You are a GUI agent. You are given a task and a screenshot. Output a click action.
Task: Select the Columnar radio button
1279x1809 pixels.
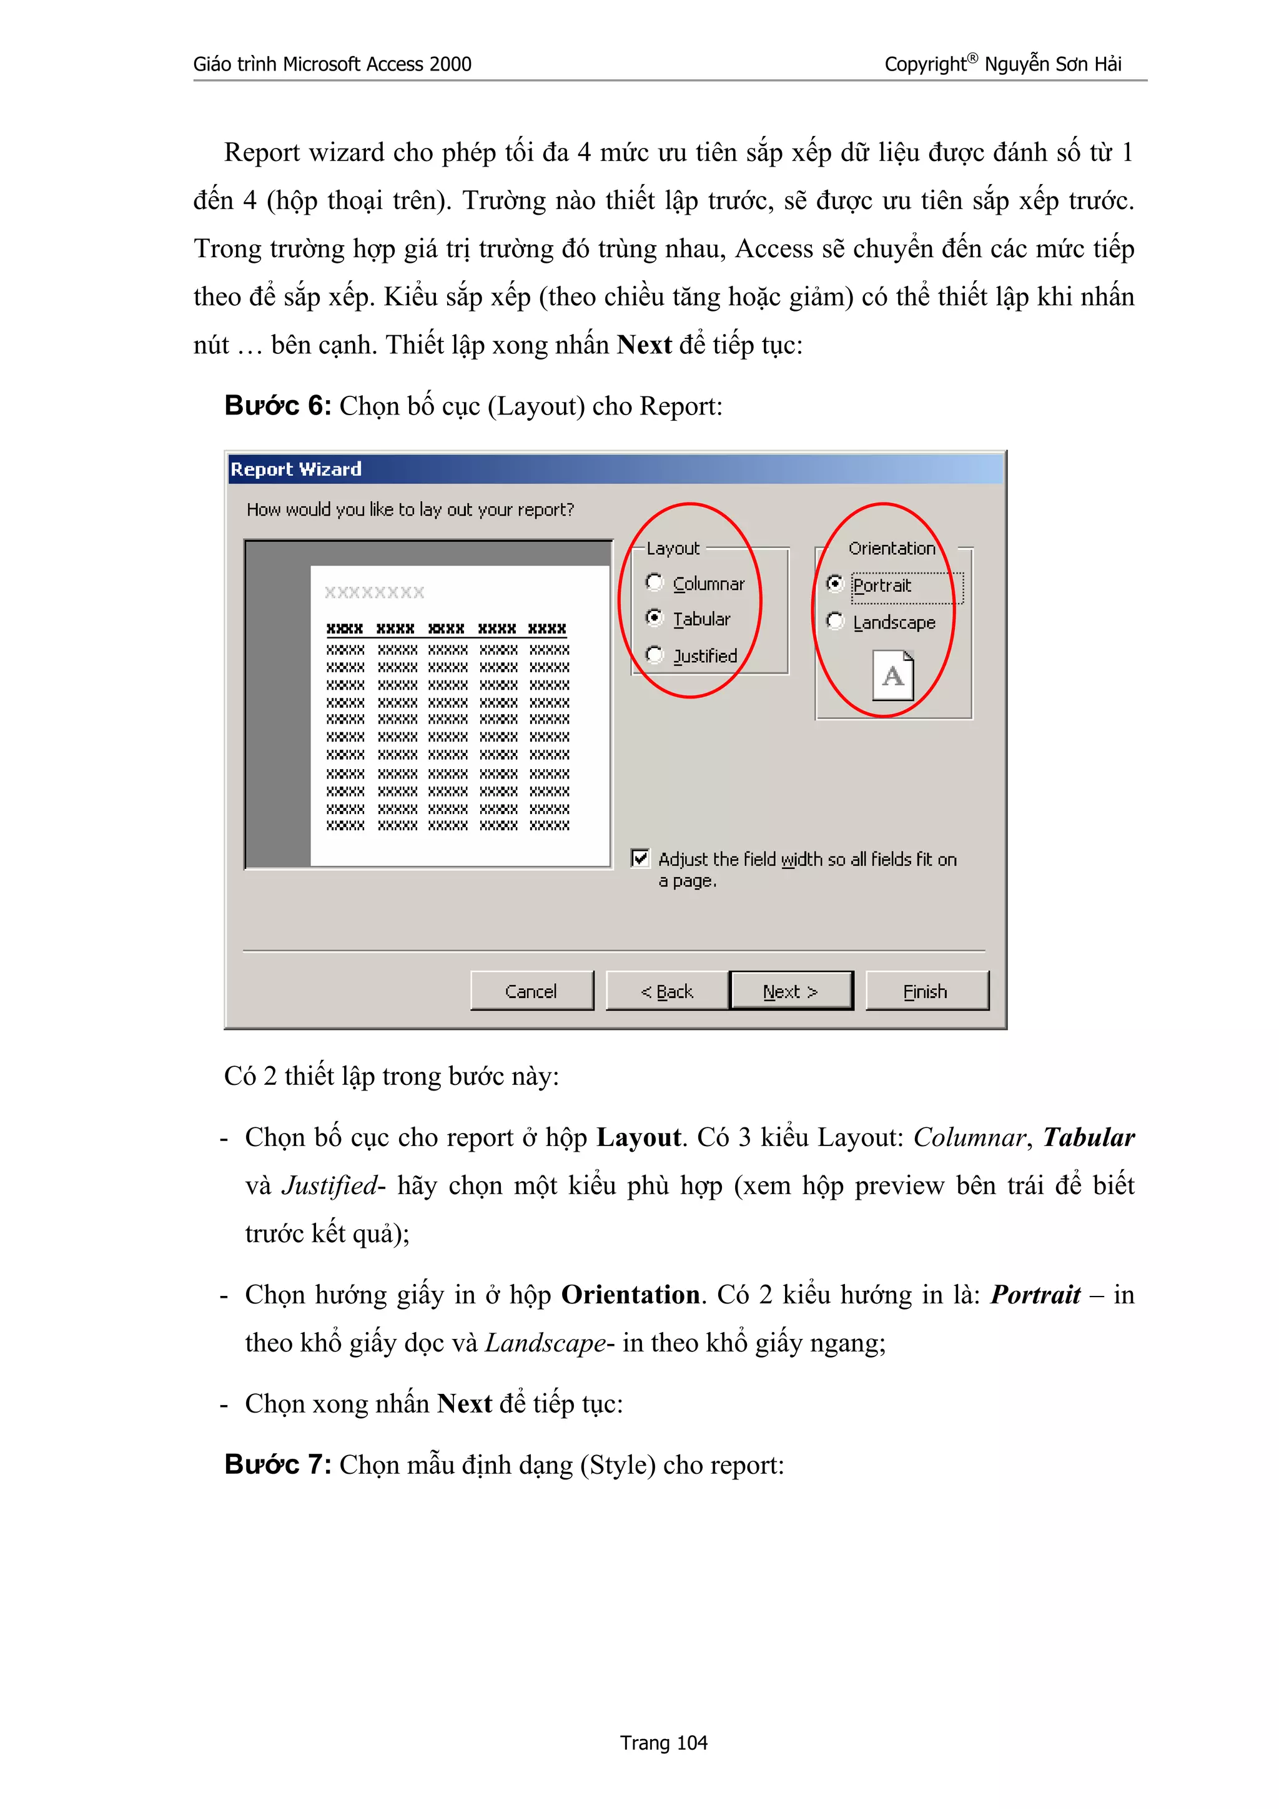pos(654,582)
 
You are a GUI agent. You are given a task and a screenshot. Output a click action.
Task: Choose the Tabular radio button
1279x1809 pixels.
pos(654,618)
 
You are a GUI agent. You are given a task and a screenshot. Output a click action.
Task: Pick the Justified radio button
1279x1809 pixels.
pos(654,654)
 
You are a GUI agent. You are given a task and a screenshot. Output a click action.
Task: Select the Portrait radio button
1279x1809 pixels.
pos(834,584)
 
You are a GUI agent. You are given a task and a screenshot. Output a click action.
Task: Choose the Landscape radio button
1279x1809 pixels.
pos(834,621)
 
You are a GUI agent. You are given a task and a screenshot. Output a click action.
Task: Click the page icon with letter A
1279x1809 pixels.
pos(893,675)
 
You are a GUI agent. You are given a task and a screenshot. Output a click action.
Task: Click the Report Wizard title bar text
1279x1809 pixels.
pos(295,469)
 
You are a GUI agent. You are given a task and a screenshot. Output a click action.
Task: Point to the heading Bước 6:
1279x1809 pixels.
pos(277,406)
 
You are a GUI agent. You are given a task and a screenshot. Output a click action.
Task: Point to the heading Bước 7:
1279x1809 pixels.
pos(277,1464)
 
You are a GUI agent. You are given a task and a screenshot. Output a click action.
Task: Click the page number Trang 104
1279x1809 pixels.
pos(663,1743)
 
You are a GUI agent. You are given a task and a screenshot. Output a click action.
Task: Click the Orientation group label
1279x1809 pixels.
pos(891,548)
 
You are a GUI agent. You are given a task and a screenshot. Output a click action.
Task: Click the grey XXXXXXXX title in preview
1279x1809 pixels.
pos(374,592)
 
